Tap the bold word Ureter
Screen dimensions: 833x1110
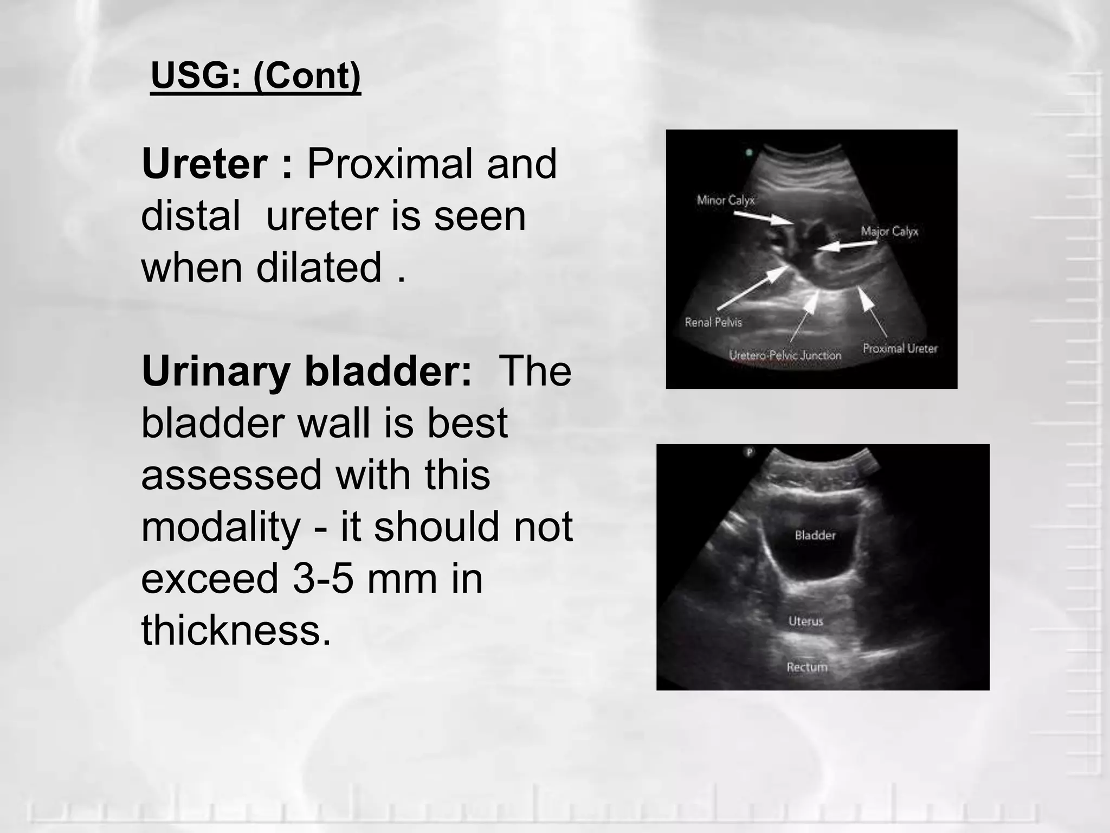(x=204, y=164)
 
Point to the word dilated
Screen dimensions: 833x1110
(x=319, y=267)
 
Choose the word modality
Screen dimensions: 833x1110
(x=221, y=527)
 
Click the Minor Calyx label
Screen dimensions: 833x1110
(x=725, y=200)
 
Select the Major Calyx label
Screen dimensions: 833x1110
(x=889, y=232)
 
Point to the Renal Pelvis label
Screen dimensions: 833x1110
(x=713, y=322)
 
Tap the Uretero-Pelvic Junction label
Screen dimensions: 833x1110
(x=785, y=355)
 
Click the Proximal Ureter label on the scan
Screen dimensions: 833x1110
(x=900, y=348)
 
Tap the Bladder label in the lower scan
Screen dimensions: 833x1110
(x=815, y=535)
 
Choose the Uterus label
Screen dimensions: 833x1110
(x=805, y=621)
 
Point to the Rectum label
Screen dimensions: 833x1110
(x=807, y=667)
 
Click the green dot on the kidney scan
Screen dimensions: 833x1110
(x=749, y=152)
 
